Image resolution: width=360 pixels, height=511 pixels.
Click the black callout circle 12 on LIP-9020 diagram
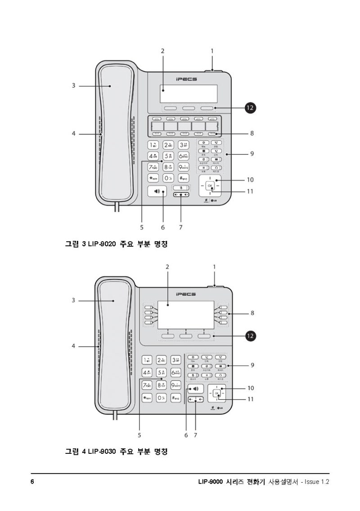[250, 108]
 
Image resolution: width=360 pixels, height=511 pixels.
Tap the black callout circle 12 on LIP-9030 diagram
[251, 336]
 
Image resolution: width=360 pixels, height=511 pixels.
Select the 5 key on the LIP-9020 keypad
[168, 156]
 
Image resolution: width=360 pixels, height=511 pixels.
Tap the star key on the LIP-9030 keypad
[147, 398]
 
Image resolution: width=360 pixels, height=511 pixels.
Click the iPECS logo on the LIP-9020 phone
[186, 79]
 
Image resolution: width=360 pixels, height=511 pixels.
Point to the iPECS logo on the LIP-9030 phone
[186, 294]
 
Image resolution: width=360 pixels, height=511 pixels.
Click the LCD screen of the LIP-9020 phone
[189, 94]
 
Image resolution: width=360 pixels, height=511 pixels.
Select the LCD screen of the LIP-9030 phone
[189, 317]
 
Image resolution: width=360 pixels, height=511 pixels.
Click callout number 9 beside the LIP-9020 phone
[252, 154]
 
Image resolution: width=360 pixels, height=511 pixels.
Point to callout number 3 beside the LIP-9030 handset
[73, 300]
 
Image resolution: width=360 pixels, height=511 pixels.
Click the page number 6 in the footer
[32, 482]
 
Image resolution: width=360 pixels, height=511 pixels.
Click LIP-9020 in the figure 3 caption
[102, 244]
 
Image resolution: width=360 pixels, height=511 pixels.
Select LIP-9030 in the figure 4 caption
[102, 451]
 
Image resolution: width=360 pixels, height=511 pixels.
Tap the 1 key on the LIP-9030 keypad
[147, 360]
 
